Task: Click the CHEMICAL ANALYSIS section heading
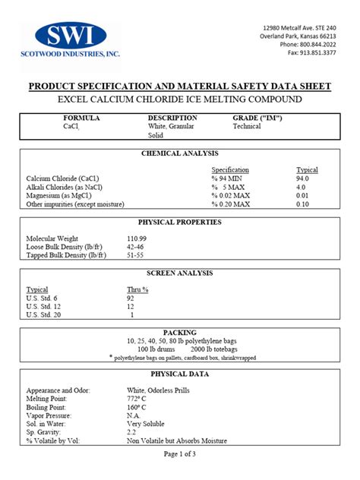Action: point(180,153)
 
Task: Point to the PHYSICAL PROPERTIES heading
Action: point(180,223)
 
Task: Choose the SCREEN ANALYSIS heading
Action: point(180,273)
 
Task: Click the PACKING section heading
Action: point(180,333)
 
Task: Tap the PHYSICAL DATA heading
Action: point(180,374)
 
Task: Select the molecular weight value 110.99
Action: point(138,238)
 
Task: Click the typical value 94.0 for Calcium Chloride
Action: point(302,178)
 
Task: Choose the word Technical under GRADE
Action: point(247,127)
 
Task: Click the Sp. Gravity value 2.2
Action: point(132,431)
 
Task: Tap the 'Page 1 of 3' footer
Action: point(180,453)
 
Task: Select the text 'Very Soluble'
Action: point(146,423)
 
